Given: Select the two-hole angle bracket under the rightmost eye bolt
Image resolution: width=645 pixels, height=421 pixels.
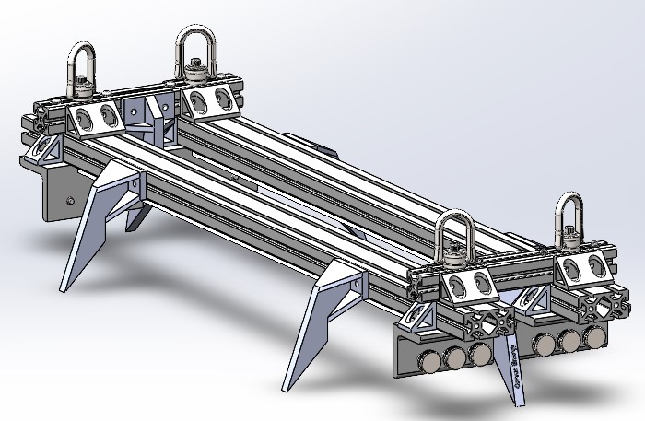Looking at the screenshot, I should [x=585, y=268].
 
